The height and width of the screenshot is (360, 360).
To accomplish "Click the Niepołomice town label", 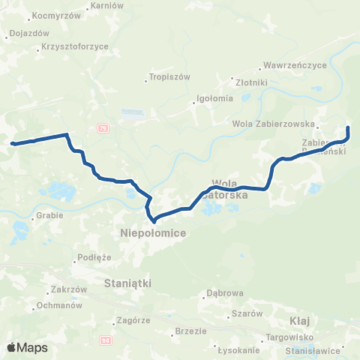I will click(153, 234).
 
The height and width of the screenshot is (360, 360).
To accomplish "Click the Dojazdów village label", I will click(28, 33).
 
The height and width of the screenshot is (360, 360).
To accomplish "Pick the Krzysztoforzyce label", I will click(75, 46).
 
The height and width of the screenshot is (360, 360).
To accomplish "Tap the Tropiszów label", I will click(169, 77).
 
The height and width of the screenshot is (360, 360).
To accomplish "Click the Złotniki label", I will click(251, 82).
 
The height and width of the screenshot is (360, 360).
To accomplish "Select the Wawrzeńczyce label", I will click(297, 65).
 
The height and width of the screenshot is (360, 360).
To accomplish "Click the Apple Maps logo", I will click(27, 347).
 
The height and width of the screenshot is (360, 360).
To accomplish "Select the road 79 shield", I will click(103, 129).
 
